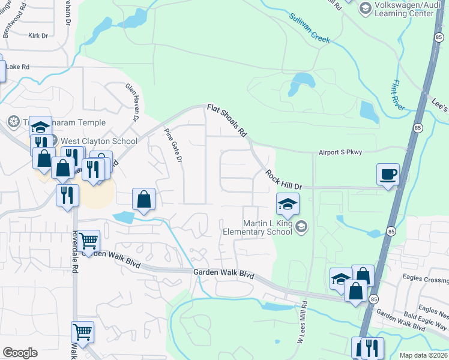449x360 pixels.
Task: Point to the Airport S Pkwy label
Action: (x=340, y=153)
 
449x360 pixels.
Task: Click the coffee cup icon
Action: (x=388, y=174)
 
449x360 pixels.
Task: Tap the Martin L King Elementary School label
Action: (x=266, y=227)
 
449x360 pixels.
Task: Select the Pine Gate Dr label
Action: (x=173, y=146)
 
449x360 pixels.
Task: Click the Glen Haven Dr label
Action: (x=131, y=101)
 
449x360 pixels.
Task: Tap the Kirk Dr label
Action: (x=38, y=36)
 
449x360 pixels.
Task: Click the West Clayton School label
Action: (x=100, y=141)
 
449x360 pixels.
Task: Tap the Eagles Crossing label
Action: (x=427, y=280)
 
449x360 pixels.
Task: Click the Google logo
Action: (x=20, y=353)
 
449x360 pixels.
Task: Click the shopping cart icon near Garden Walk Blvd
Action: (x=88, y=241)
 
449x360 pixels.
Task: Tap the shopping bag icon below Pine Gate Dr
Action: (x=144, y=199)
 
